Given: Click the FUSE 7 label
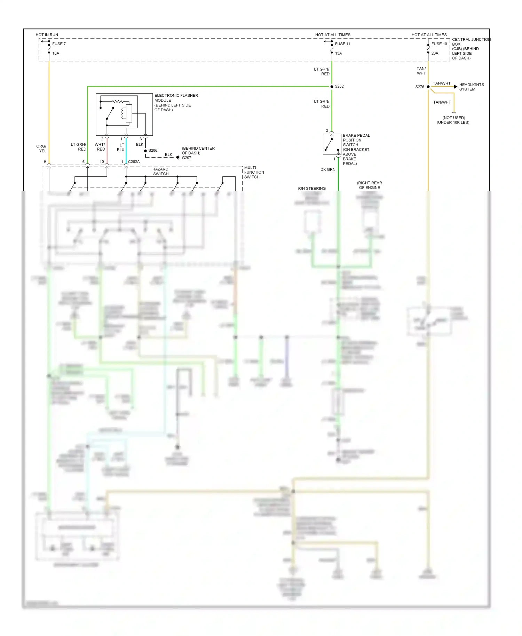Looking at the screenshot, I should tap(59, 44).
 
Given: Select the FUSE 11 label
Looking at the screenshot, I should tap(342, 44).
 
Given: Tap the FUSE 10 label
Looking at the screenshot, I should tap(439, 44).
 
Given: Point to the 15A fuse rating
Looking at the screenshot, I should tap(338, 53).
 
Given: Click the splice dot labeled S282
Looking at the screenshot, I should tap(332, 86).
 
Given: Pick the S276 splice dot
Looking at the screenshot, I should tap(428, 87).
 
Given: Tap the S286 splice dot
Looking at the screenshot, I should tap(145, 151).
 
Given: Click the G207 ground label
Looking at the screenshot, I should tap(187, 158).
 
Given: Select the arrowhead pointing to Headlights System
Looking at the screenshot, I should tap(456, 87).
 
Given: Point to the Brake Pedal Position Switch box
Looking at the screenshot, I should tap(332, 144).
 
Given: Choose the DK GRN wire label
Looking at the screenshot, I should tap(328, 169).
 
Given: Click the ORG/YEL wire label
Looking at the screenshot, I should tap(41, 149).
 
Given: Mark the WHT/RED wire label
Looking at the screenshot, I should tap(100, 147).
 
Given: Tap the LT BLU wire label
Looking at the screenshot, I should tap(121, 147).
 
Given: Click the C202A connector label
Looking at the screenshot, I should tap(134, 162).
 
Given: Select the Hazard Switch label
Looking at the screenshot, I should tap(160, 172).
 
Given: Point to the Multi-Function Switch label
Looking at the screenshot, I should tap(254, 172).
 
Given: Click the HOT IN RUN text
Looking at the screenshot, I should tap(47, 35).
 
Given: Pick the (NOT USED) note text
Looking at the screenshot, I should tap(453, 118).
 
